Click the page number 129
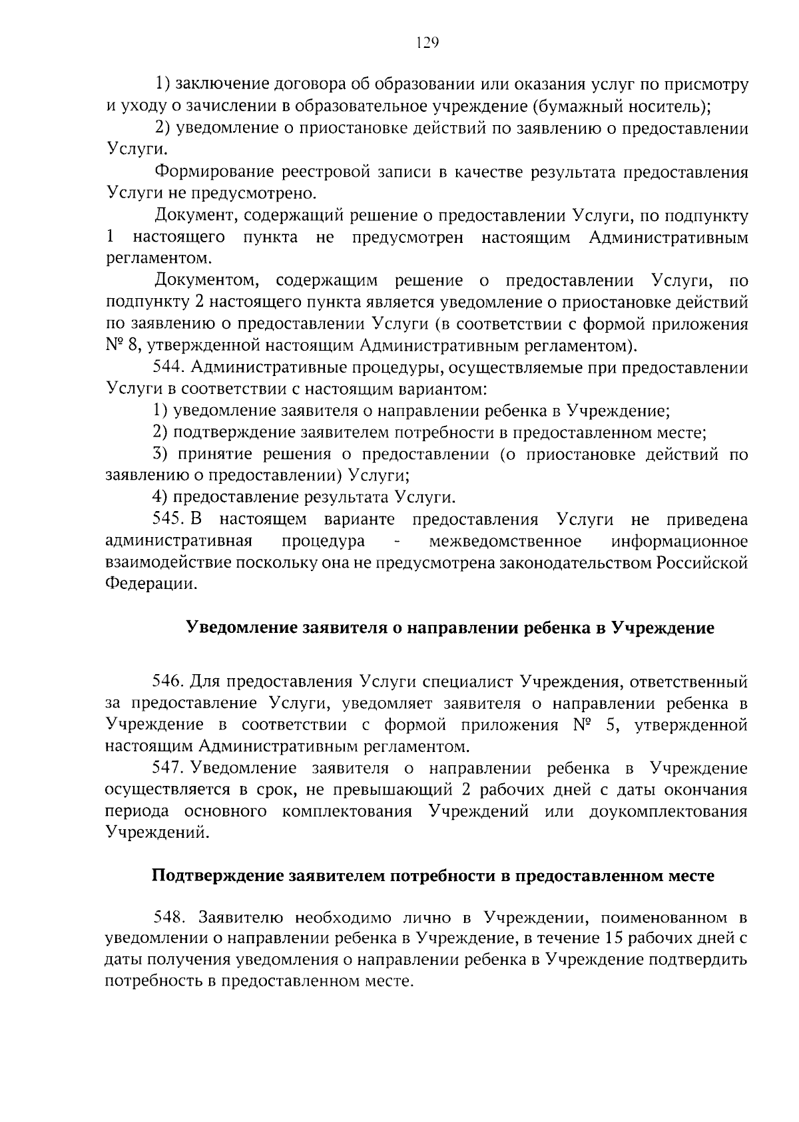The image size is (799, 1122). pyautogui.click(x=427, y=43)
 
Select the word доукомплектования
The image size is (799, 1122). pyautogui.click(x=668, y=812)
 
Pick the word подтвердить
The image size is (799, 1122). pyautogui.click(x=698, y=960)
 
